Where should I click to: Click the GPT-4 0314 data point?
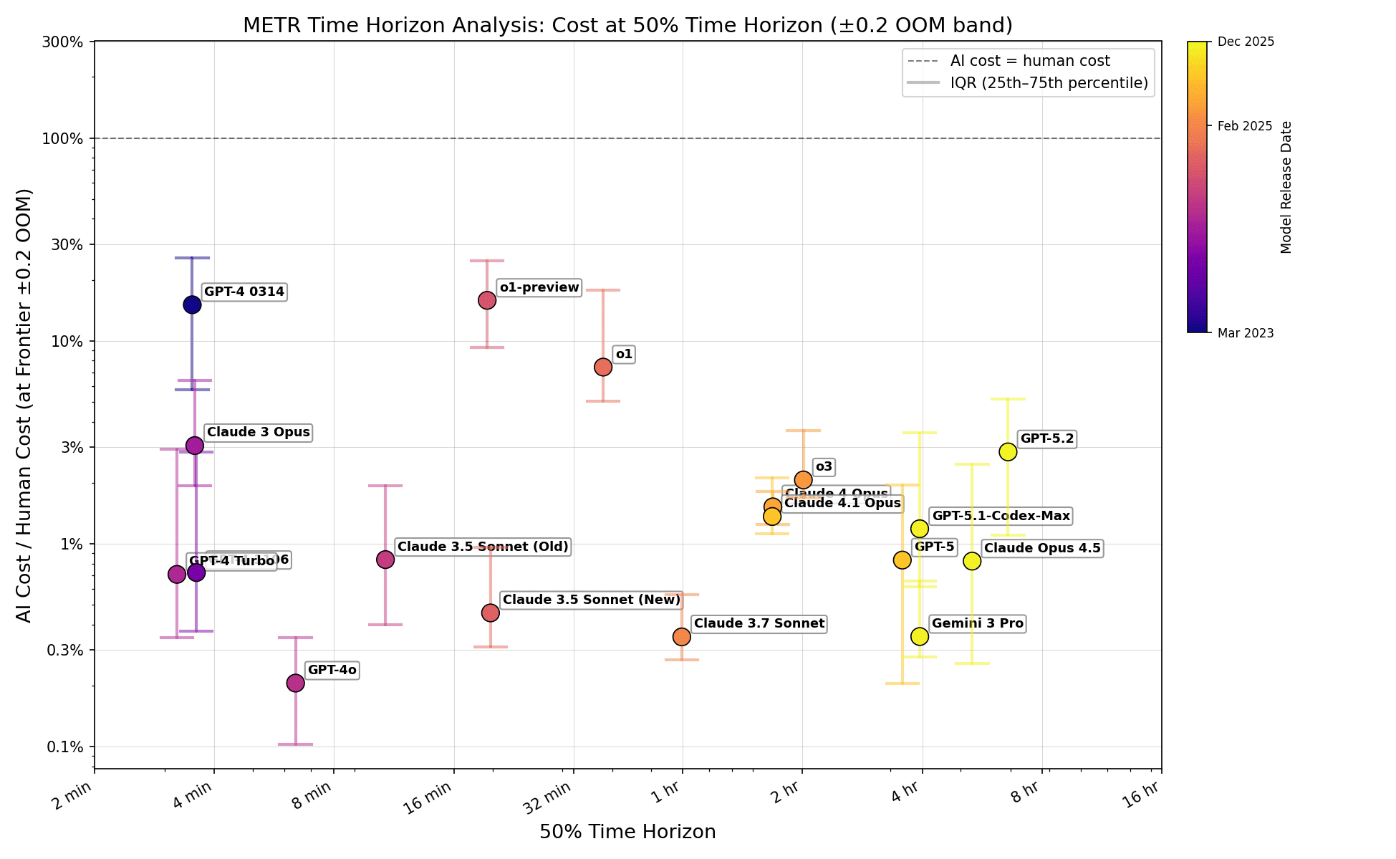pyautogui.click(x=192, y=304)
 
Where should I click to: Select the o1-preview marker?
pyautogui.click(x=487, y=300)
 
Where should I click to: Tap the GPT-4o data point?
pyautogui.click(x=295, y=683)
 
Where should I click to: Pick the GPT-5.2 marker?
pyautogui.click(x=1008, y=451)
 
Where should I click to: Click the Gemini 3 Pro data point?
pyautogui.click(x=920, y=636)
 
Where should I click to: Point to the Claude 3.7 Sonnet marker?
pyautogui.click(x=682, y=636)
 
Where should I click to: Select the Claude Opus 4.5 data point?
pyautogui.click(x=972, y=561)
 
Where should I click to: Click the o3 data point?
pyautogui.click(x=803, y=479)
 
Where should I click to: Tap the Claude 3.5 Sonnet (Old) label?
pyautogui.click(x=483, y=547)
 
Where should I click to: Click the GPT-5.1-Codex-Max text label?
pyautogui.click(x=1001, y=516)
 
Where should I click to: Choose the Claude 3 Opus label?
pyautogui.click(x=258, y=433)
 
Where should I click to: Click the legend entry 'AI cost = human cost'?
pyautogui.click(x=1029, y=62)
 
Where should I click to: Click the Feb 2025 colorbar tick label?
pyautogui.click(x=1245, y=126)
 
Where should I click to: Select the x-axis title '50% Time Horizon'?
pyautogui.click(x=627, y=832)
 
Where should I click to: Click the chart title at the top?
pyautogui.click(x=627, y=26)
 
